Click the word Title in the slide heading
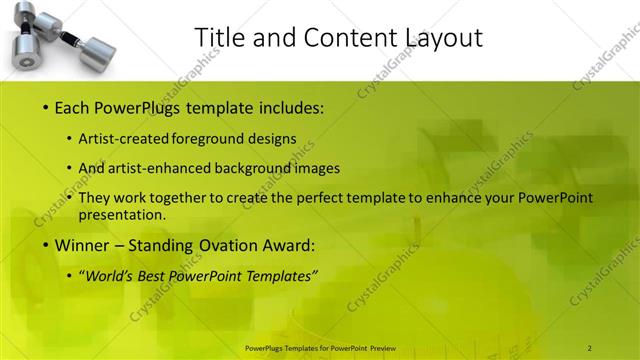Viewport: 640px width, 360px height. pyautogui.click(x=217, y=38)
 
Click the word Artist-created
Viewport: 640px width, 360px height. pyautogui.click(x=124, y=139)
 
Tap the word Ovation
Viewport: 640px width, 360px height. pyautogui.click(x=226, y=245)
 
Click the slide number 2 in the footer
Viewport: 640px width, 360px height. pyautogui.click(x=590, y=347)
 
